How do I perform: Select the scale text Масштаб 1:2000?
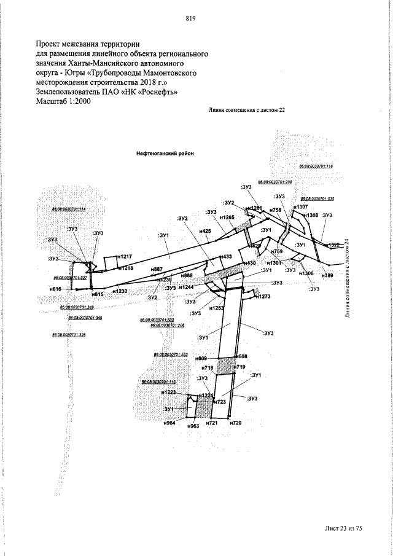tap(63, 102)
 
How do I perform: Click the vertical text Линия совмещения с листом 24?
tap(348, 276)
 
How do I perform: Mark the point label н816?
tap(56, 288)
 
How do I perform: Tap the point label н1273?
tap(263, 297)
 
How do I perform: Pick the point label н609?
tap(201, 358)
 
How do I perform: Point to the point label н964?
tap(170, 424)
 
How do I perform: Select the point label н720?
tap(236, 424)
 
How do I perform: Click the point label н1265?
tap(227, 217)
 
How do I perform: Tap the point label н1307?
tap(300, 207)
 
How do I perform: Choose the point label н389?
tap(327, 276)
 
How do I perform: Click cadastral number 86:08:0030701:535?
tap(317, 199)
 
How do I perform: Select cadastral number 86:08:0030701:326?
tap(69, 334)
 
